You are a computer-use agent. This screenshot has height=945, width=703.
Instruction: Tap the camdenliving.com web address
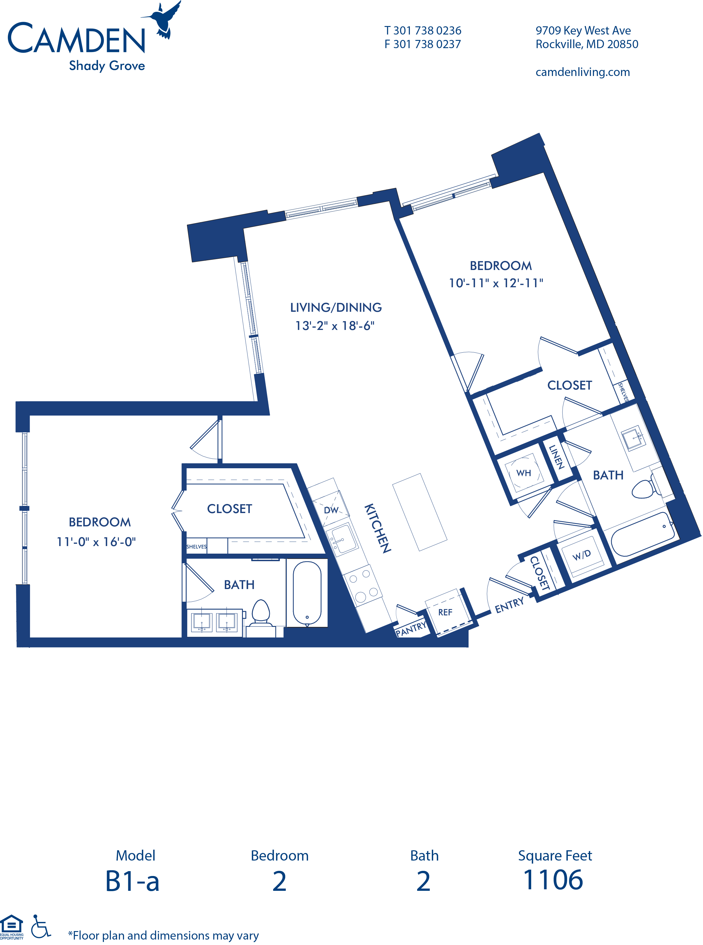coord(583,72)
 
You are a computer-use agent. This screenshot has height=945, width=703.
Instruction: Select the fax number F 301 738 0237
coord(423,44)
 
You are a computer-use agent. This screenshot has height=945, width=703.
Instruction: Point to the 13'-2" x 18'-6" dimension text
coord(335,326)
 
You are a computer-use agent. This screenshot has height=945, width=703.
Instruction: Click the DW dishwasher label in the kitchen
coord(331,510)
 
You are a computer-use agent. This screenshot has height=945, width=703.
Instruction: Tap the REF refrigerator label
coord(445,612)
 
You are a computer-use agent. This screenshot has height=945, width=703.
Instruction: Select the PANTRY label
coord(411,629)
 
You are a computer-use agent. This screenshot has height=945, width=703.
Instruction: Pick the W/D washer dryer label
coord(581,555)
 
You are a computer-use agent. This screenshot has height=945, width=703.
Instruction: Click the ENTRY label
coord(509,605)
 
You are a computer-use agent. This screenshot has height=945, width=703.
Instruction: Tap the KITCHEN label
coord(378,528)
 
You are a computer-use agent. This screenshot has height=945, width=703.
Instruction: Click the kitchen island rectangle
coord(420,512)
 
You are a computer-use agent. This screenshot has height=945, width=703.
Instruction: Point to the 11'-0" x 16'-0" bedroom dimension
coord(96,542)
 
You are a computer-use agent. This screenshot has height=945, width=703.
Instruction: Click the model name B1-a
coord(132,881)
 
